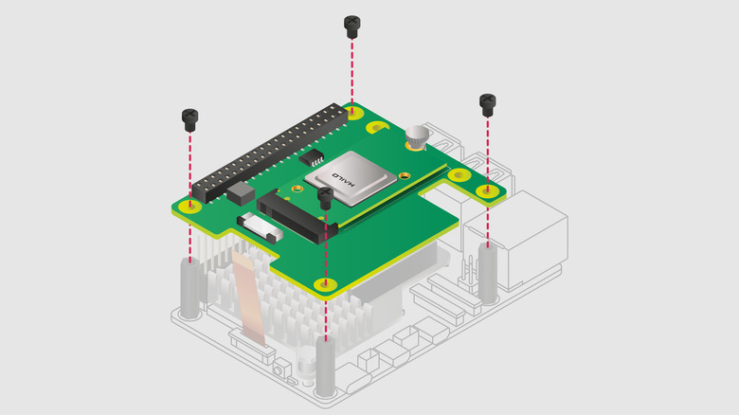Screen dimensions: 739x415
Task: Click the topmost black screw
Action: click(352, 27)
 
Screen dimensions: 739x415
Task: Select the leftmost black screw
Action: click(189, 120)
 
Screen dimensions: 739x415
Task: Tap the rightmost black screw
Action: click(487, 105)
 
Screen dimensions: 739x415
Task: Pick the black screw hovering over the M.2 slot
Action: click(325, 198)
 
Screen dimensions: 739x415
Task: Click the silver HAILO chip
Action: click(351, 179)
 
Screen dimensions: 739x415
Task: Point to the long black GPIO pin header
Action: click(269, 153)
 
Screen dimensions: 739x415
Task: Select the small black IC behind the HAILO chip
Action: click(312, 157)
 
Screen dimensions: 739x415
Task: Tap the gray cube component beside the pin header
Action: click(241, 193)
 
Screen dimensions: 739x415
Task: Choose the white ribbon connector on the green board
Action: click(260, 226)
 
